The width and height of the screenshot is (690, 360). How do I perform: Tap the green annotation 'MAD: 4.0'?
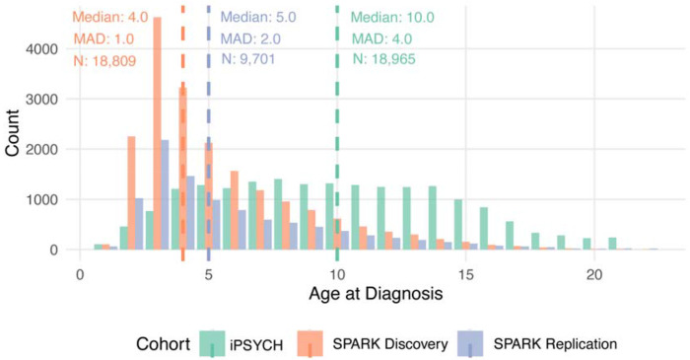(384, 39)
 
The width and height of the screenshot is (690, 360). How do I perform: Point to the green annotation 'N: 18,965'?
(391, 59)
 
